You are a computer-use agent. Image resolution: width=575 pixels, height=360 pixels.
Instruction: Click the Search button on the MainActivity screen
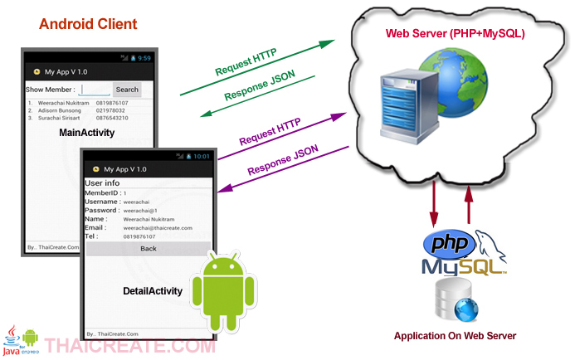(127, 90)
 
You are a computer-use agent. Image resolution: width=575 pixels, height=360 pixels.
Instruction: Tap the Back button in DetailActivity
(149, 249)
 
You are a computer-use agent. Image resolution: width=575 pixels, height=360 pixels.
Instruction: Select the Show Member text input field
(95, 90)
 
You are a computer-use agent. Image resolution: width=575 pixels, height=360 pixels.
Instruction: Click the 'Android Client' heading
(88, 24)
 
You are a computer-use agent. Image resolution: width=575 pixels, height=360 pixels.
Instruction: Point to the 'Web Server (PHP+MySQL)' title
(455, 34)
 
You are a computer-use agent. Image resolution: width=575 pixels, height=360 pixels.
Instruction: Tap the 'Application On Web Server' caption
(455, 336)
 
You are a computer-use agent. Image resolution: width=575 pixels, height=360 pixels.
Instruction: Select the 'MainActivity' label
(86, 134)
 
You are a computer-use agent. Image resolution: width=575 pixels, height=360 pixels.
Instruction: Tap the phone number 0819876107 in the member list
(112, 103)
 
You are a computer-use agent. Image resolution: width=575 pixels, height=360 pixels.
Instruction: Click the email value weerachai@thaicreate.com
(158, 227)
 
